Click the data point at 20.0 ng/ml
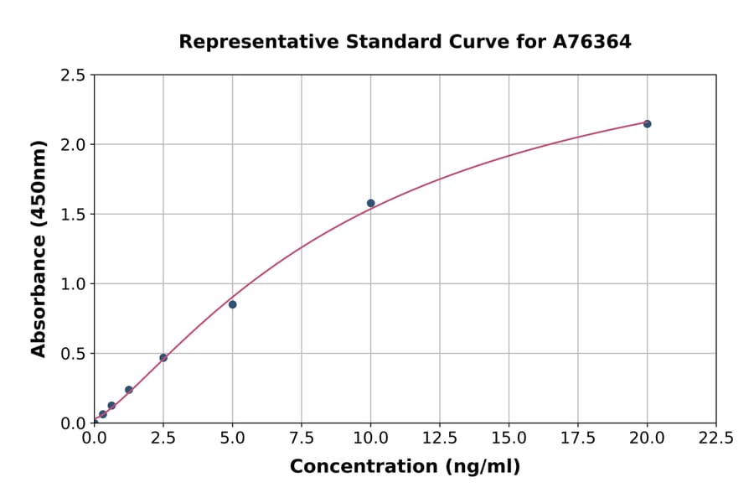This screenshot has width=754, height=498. point(647,124)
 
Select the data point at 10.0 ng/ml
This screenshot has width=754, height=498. point(370,203)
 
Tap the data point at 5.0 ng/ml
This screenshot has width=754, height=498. point(232,304)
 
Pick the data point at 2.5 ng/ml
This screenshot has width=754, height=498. point(163,358)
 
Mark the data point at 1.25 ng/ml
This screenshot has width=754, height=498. point(129,390)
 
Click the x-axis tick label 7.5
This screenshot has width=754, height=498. point(302,438)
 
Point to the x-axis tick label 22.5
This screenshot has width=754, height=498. point(716,438)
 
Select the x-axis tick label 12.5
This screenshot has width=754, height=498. point(440,438)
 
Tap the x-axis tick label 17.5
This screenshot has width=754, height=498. point(578,438)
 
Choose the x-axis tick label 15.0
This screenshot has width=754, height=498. point(509,438)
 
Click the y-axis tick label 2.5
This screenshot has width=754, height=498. point(74,75)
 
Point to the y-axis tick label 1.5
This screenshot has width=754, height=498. point(74,215)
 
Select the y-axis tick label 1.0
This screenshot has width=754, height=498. point(74,284)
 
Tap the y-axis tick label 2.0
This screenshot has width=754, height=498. point(74,145)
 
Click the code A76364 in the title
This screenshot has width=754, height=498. point(592,41)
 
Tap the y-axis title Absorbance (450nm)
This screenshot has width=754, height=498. point(39,249)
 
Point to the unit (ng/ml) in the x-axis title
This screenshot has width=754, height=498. point(482,467)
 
